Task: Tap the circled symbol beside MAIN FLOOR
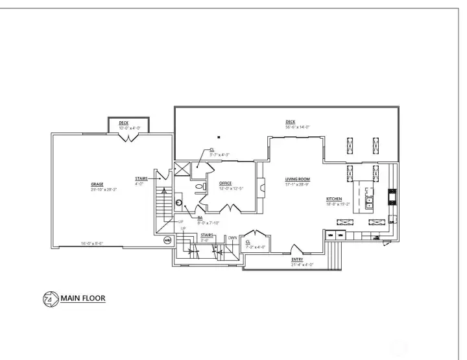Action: pyautogui.click(x=49, y=299)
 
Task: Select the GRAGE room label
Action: pyautogui.click(x=97, y=184)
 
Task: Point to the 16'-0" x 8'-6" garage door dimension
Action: pyautogui.click(x=93, y=243)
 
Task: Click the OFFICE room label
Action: pyautogui.click(x=225, y=184)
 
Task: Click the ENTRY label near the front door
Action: pyautogui.click(x=297, y=259)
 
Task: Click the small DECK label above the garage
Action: pyautogui.click(x=123, y=123)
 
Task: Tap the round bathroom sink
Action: pyautogui.click(x=179, y=202)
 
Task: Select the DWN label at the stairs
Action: pyautogui.click(x=232, y=238)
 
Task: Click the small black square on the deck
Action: pyautogui.click(x=219, y=137)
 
